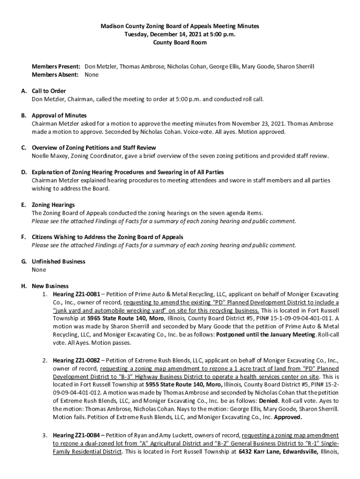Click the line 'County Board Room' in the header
tap(180, 43)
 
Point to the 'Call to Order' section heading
tap(49, 91)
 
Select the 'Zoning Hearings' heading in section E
tap(53, 205)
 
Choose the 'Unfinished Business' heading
tap(58, 261)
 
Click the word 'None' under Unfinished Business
tap(39, 270)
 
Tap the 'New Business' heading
tap(50, 286)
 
